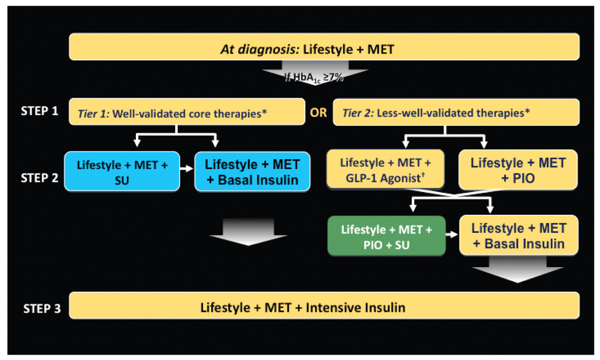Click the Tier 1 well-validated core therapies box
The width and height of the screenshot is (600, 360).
(187, 112)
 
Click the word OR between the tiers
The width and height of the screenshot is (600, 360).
(319, 113)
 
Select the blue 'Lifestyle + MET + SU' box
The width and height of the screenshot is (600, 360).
(122, 171)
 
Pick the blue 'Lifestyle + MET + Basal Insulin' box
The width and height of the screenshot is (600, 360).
(252, 171)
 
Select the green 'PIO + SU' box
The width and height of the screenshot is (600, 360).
(386, 236)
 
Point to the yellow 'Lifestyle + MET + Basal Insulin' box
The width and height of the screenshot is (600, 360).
(518, 235)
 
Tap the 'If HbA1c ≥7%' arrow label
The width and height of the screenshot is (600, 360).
(315, 77)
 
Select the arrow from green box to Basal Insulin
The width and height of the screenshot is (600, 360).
(452, 236)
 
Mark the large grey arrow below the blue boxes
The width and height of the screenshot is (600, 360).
(248, 232)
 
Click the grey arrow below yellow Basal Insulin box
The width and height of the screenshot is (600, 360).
(518, 270)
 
